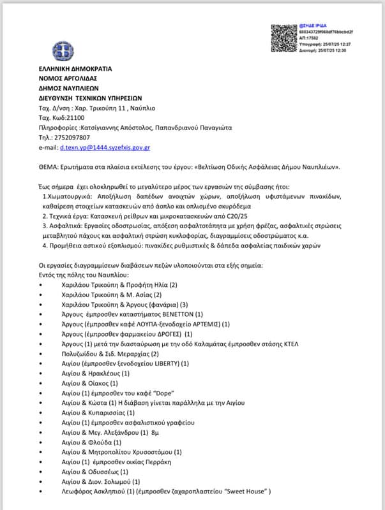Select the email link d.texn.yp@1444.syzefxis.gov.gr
[x=105, y=147]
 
